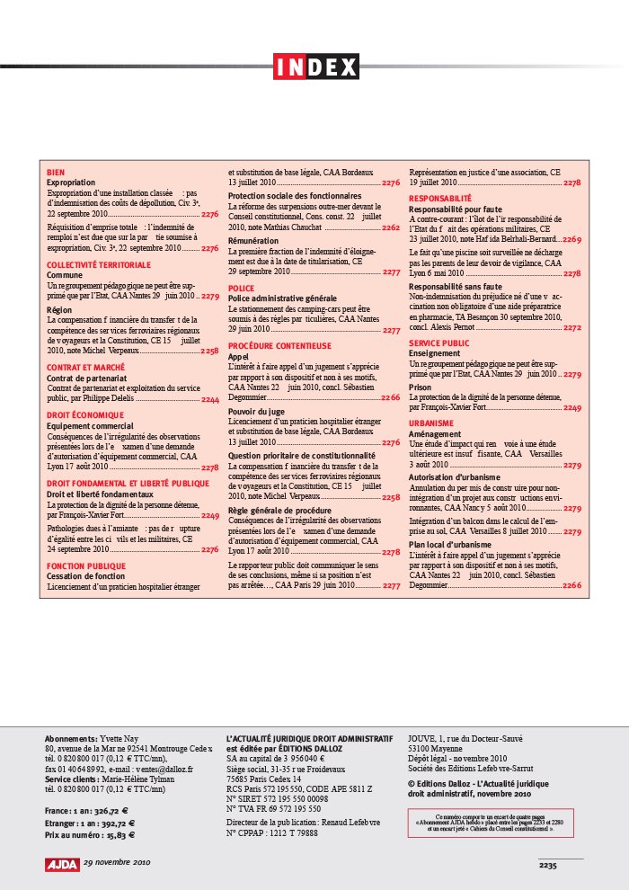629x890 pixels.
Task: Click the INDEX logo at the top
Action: click(315, 67)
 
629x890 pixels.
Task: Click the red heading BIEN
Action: click(55, 172)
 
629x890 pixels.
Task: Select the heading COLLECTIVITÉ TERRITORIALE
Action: click(99, 265)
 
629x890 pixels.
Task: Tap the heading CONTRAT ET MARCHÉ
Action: click(86, 368)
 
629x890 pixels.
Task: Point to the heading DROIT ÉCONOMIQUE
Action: click(84, 416)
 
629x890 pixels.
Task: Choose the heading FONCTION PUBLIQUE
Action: click(86, 566)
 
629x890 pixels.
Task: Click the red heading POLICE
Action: click(241, 289)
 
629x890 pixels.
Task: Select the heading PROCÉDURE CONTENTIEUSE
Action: click(279, 345)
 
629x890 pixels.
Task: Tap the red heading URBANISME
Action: click(432, 423)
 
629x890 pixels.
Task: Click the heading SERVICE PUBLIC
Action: click(439, 343)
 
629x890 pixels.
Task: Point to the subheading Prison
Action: click(419, 387)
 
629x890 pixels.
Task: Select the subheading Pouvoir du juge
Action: click(256, 411)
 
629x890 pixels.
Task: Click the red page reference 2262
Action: click(391, 228)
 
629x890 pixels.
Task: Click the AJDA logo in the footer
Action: click(62, 864)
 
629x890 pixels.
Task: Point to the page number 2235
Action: click(548, 865)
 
